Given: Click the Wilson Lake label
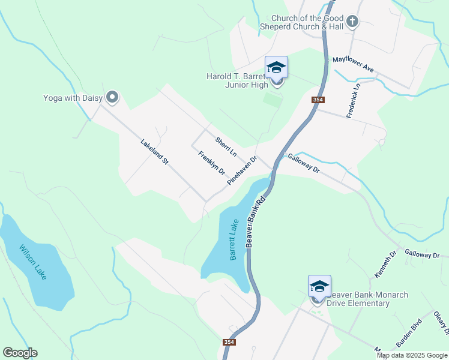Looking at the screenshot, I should pyautogui.click(x=37, y=262).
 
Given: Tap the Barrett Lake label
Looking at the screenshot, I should pyautogui.click(x=234, y=239).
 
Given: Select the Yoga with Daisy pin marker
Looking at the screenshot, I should pyautogui.click(x=112, y=97).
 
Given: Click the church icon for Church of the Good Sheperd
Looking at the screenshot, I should pyautogui.click(x=352, y=22).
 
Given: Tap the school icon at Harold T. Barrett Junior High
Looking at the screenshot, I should pyautogui.click(x=276, y=67).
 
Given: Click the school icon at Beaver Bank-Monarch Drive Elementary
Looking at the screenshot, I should pyautogui.click(x=319, y=286).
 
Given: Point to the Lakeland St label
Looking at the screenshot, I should pyautogui.click(x=154, y=153).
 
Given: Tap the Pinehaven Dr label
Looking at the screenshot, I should pyautogui.click(x=242, y=170).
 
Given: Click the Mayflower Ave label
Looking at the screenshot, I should pyautogui.click(x=354, y=65).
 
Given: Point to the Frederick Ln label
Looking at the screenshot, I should pyautogui.click(x=354, y=100).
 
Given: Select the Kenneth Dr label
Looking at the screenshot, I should pyautogui.click(x=386, y=265).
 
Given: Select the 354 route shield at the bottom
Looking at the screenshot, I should pyautogui.click(x=229, y=342).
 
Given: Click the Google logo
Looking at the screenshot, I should pyautogui.click(x=20, y=353).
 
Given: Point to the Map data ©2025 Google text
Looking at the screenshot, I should pyautogui.click(x=412, y=355).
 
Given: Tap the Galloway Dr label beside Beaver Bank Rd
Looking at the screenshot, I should pyautogui.click(x=304, y=163).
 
